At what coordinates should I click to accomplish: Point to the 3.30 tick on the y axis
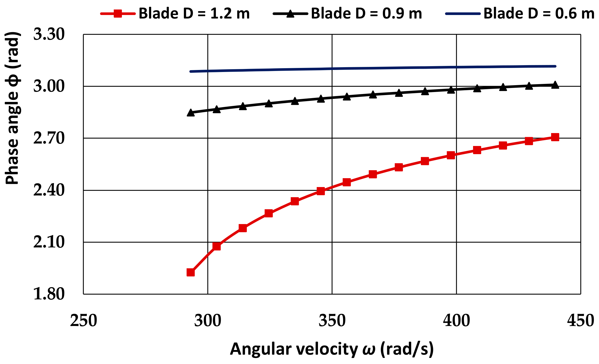coord(49,34)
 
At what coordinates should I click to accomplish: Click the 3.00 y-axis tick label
coord(49,86)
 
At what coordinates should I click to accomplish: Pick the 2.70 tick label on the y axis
coord(49,138)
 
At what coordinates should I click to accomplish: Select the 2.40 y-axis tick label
coord(49,190)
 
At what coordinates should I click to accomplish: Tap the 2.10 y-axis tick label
coord(49,242)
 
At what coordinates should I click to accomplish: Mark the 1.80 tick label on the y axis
coord(49,294)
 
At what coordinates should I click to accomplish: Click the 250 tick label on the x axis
coord(84,321)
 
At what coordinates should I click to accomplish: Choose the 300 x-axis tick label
coord(208,321)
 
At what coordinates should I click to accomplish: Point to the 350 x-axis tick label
coord(332,321)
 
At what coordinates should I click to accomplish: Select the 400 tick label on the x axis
coord(456,321)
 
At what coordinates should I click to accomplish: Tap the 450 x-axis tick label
coord(581,321)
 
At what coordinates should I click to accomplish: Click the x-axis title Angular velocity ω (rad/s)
coord(332,349)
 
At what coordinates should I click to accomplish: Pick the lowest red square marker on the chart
coord(191,272)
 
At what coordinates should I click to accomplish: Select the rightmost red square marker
coord(555,137)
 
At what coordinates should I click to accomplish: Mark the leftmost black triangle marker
coord(191,113)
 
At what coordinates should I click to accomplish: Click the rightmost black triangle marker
coord(555,85)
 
